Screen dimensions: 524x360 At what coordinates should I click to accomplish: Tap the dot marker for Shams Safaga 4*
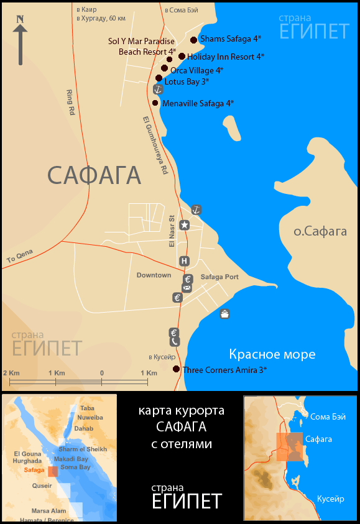pyautogui.click(x=193, y=40)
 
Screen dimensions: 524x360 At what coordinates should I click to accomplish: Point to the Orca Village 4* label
pyautogui.click(x=196, y=70)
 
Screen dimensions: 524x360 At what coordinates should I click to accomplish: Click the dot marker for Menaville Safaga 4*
pyautogui.click(x=155, y=103)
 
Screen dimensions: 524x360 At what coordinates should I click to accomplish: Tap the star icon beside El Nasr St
pyautogui.click(x=184, y=225)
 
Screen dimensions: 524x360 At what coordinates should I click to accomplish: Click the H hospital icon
pyautogui.click(x=184, y=261)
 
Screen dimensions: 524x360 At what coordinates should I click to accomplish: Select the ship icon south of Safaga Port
pyautogui.click(x=224, y=313)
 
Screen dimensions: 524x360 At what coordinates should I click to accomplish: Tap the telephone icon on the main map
pyautogui.click(x=175, y=342)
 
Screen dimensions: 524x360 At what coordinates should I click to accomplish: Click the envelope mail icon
pyautogui.click(x=187, y=288)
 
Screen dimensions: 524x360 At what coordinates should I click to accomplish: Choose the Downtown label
pyautogui.click(x=154, y=275)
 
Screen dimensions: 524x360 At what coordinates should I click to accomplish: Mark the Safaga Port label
pyautogui.click(x=219, y=277)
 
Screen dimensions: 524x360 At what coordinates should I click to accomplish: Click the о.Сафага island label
pyautogui.click(x=320, y=232)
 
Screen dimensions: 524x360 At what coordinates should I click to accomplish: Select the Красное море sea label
pyautogui.click(x=272, y=355)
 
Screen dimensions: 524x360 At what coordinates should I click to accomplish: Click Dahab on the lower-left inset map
pyautogui.click(x=83, y=428)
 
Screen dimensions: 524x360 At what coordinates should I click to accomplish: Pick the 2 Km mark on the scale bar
pyautogui.click(x=11, y=372)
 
